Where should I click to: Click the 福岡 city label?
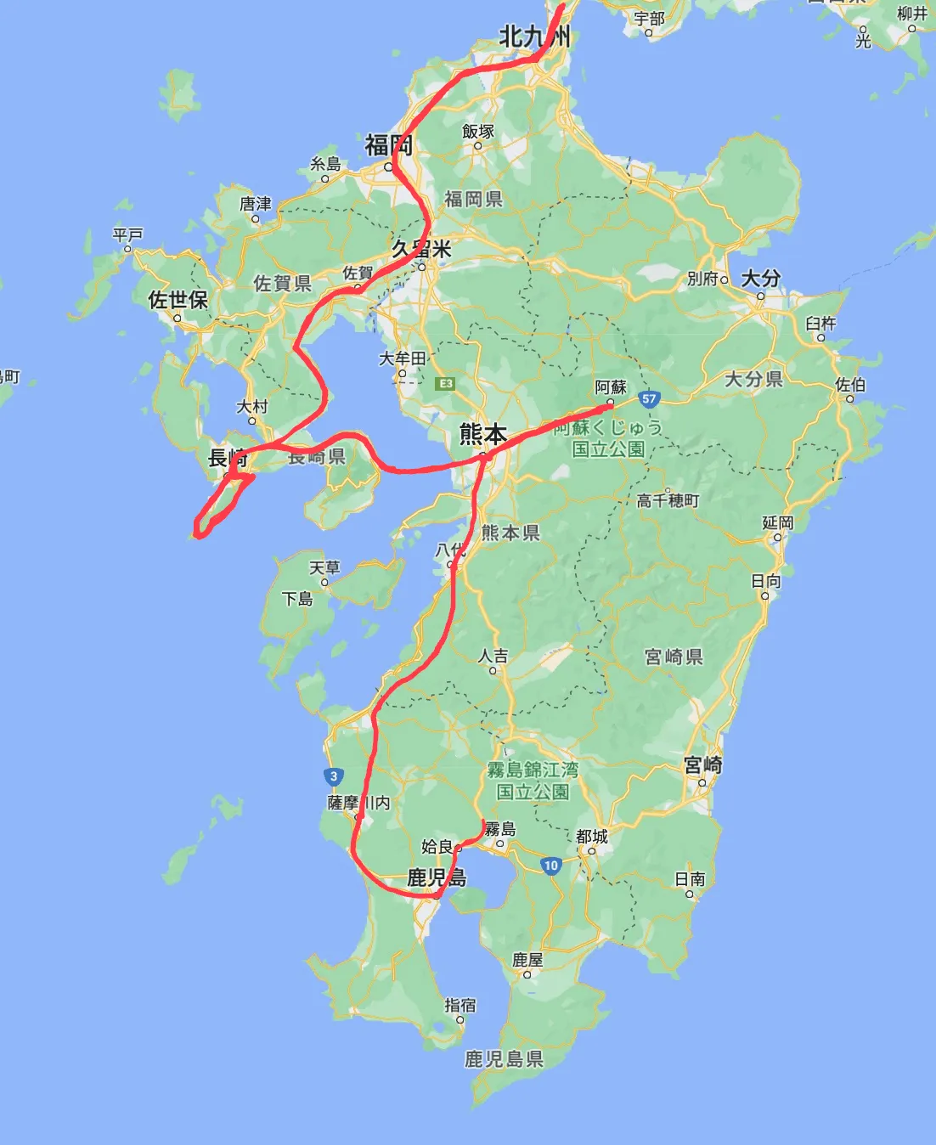point(388,145)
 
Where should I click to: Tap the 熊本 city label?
point(482,434)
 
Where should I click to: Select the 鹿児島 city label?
point(437,877)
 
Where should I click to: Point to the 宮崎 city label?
point(703,765)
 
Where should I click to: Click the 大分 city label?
point(760,279)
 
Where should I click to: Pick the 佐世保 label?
point(178,300)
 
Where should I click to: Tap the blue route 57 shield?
point(649,398)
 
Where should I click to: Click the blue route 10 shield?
point(551,866)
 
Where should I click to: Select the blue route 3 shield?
point(334,776)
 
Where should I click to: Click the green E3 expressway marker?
point(445,384)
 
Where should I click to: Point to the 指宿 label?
point(460,1005)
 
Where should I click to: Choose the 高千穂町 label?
point(668,500)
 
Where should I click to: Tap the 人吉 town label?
point(493,655)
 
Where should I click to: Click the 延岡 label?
point(777,522)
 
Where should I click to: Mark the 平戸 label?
point(128,234)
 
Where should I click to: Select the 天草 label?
point(324,567)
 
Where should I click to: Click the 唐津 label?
point(255,204)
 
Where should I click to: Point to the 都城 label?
point(592,837)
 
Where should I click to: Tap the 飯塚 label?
point(478,132)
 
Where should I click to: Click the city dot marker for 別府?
point(725,279)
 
